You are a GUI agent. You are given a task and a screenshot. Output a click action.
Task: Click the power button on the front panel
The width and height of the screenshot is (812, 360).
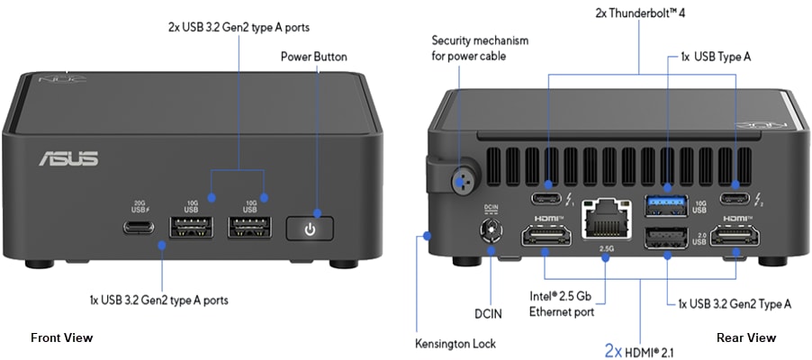point(310,229)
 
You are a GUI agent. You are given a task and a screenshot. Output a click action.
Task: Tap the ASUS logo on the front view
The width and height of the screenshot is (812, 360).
point(68,159)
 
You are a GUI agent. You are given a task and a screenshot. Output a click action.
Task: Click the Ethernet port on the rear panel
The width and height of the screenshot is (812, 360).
point(605,219)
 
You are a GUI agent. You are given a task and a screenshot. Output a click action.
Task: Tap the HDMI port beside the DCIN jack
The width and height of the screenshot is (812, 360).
point(546,238)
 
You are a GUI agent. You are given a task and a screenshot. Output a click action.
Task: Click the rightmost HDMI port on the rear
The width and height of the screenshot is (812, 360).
point(735,238)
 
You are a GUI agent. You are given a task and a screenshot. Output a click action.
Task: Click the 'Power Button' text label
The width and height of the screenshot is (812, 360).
point(313,57)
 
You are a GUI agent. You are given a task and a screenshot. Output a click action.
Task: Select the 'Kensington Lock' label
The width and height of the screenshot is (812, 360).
point(455,343)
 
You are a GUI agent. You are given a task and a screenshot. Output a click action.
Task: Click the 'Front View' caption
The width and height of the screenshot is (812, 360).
point(61,337)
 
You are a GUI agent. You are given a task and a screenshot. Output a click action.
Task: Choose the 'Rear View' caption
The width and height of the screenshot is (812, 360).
point(745,337)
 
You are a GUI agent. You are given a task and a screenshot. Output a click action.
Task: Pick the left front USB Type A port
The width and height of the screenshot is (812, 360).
point(191,228)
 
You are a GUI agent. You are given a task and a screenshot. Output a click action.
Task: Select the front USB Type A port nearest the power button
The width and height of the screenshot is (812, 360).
point(250,228)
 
